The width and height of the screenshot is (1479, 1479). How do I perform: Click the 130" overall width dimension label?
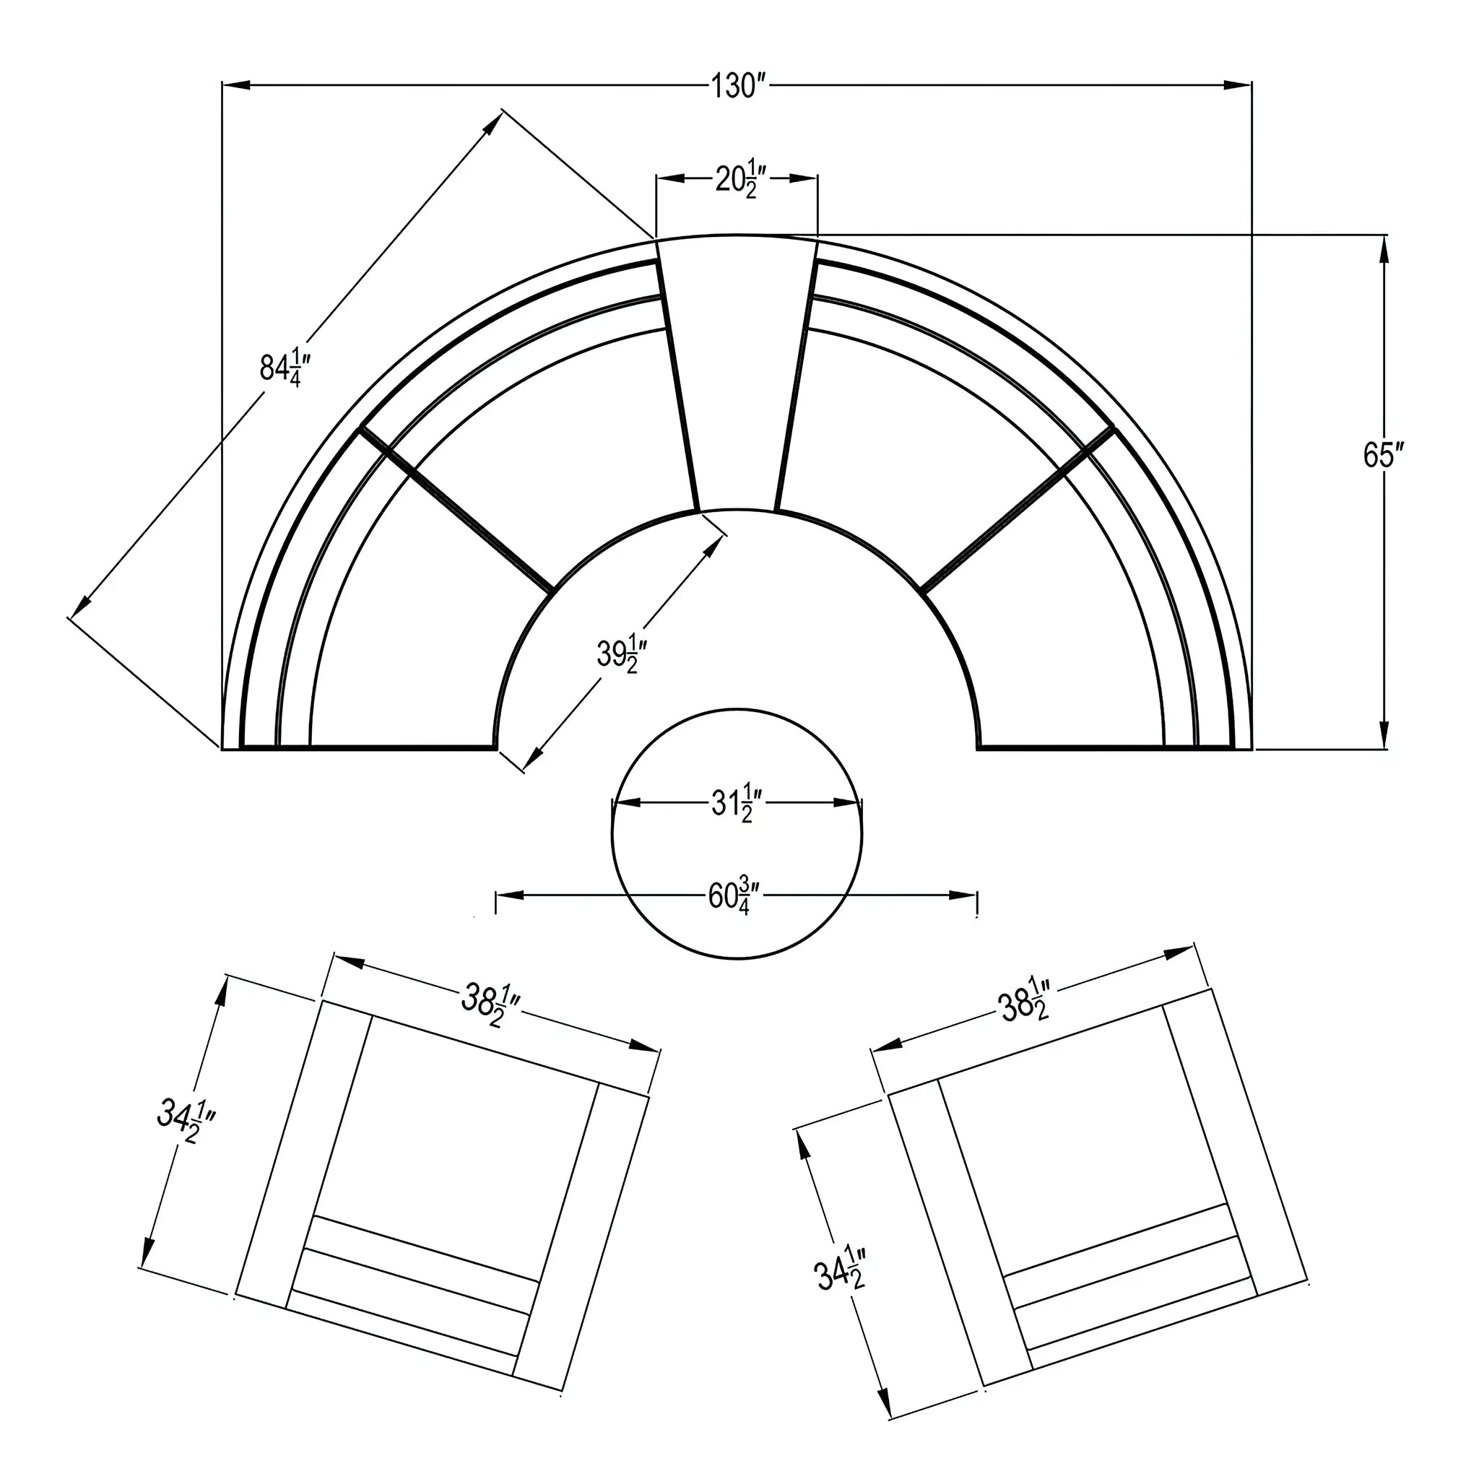[737, 87]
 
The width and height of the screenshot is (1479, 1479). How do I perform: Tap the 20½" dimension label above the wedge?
[737, 178]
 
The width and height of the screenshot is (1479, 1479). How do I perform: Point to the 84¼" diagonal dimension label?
[285, 367]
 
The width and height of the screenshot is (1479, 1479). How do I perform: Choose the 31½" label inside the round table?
[737, 803]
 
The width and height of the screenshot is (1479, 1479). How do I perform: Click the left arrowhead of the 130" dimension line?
[235, 85]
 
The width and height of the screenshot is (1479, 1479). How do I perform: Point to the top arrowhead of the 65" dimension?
[1383, 250]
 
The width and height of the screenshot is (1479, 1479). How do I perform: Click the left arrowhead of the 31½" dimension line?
[627, 803]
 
